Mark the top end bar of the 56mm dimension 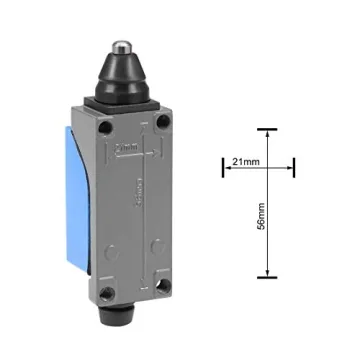(x=266, y=130)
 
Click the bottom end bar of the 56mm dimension (x=266, y=277)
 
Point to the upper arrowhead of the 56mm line (x=266, y=135)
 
